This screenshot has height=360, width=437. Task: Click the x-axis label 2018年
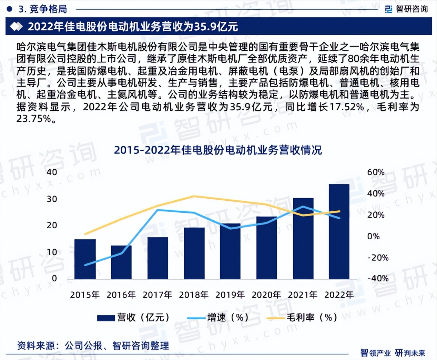pyautogui.click(x=194, y=295)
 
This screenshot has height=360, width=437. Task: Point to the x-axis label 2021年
pyautogui.click(x=303, y=295)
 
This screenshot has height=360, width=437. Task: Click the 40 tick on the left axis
pyautogui.click(x=52, y=172)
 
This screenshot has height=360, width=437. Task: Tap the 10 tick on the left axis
pyautogui.click(x=52, y=252)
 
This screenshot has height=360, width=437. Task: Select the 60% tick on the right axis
pyautogui.click(x=376, y=172)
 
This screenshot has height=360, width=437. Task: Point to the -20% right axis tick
pyautogui.click(x=378, y=258)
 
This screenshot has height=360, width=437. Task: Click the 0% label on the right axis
pyautogui.click(x=373, y=236)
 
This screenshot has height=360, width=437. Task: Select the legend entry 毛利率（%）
pyautogui.click(x=302, y=318)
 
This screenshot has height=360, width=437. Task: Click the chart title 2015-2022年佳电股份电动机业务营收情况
pyautogui.click(x=218, y=150)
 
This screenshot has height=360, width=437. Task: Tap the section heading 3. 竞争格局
pyautogui.click(x=42, y=9)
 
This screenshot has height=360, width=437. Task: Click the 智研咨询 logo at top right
pyautogui.click(x=407, y=9)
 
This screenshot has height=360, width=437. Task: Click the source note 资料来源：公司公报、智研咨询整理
pyautogui.click(x=93, y=346)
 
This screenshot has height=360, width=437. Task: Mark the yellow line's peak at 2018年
pyautogui.click(x=194, y=196)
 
